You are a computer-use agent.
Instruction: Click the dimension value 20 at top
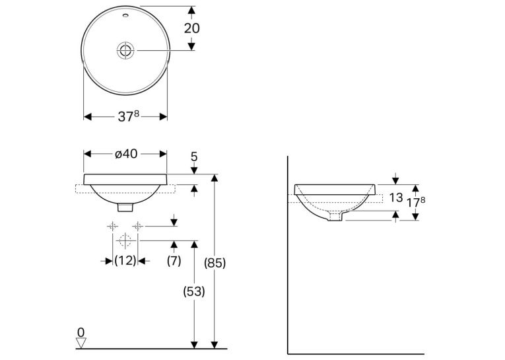click(191, 28)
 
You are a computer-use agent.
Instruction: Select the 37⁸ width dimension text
click(129, 116)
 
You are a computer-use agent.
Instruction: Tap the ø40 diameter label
click(126, 154)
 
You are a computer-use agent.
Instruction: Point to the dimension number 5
click(194, 157)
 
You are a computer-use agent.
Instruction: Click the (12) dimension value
click(125, 260)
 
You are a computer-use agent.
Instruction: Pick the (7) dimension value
click(174, 260)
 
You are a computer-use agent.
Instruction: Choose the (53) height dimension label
click(194, 292)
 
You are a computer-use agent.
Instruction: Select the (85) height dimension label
click(215, 263)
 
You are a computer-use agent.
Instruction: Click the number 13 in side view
click(396, 198)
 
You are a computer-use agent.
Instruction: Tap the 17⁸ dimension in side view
click(415, 202)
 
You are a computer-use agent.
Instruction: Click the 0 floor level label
click(81, 332)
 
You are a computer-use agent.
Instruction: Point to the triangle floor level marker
click(81, 343)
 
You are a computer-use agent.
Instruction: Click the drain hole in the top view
click(125, 50)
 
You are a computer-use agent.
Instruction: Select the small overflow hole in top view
click(125, 15)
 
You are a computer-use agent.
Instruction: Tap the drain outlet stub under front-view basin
click(125, 207)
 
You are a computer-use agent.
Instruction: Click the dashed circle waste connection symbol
click(125, 240)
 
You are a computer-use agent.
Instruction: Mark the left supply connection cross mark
click(112, 227)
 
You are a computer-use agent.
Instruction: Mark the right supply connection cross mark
click(138, 227)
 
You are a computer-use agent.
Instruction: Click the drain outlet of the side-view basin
click(335, 217)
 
